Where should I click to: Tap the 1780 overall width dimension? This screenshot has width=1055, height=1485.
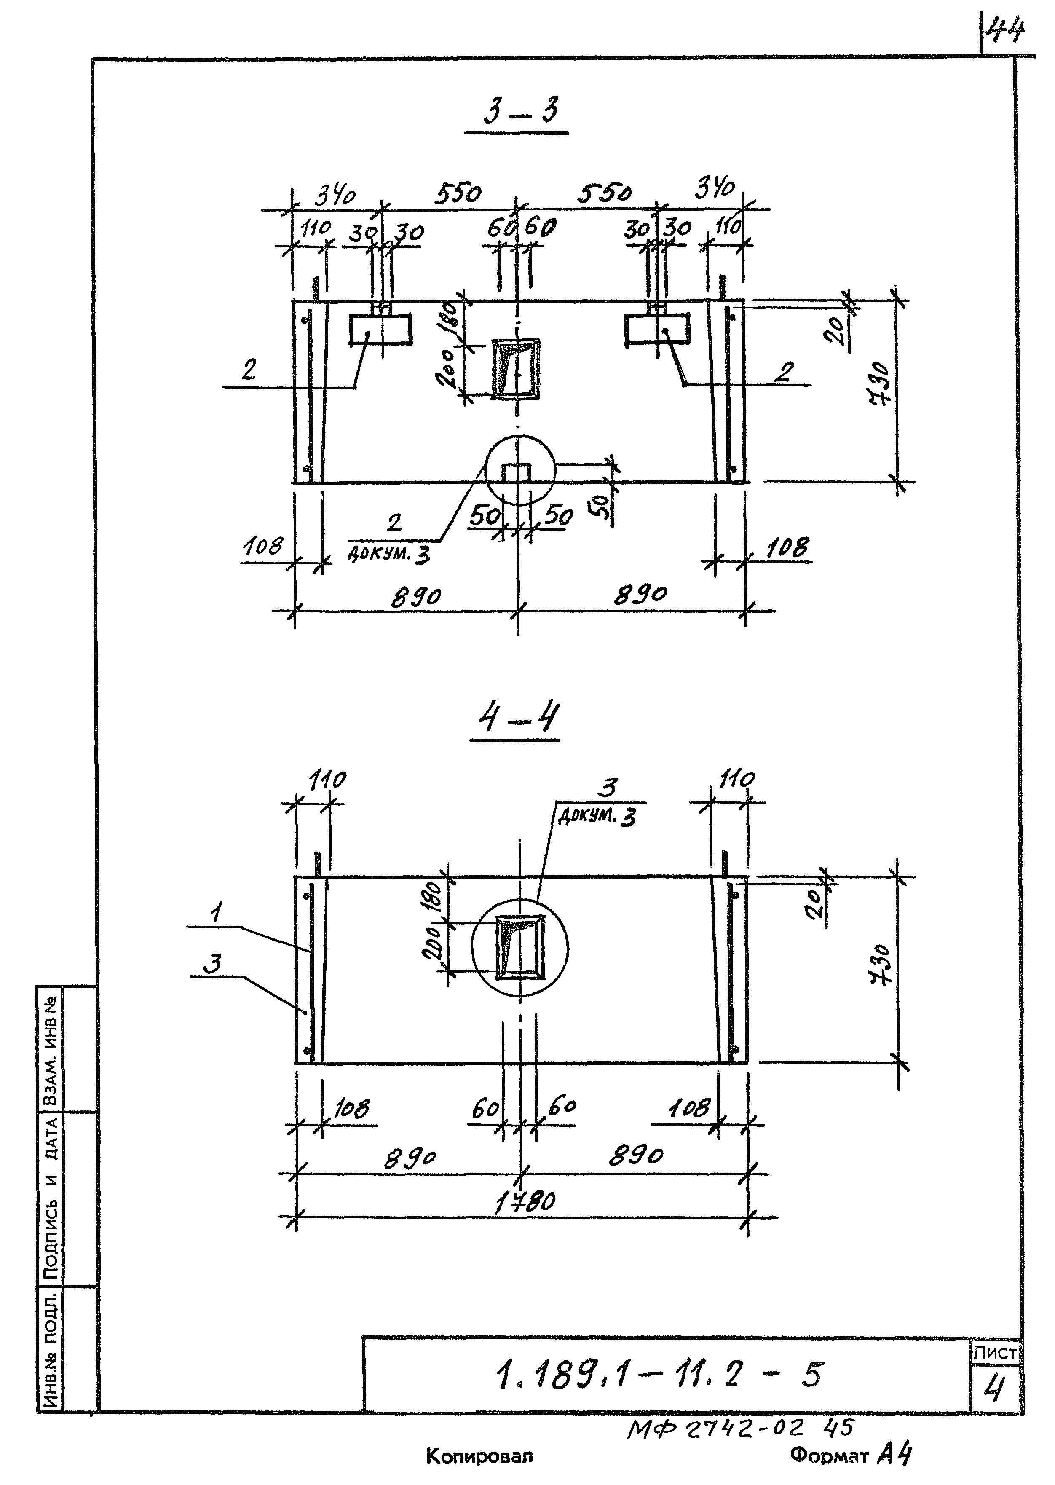[x=525, y=1203]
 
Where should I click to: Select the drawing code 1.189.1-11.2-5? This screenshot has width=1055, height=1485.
[x=659, y=1375]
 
